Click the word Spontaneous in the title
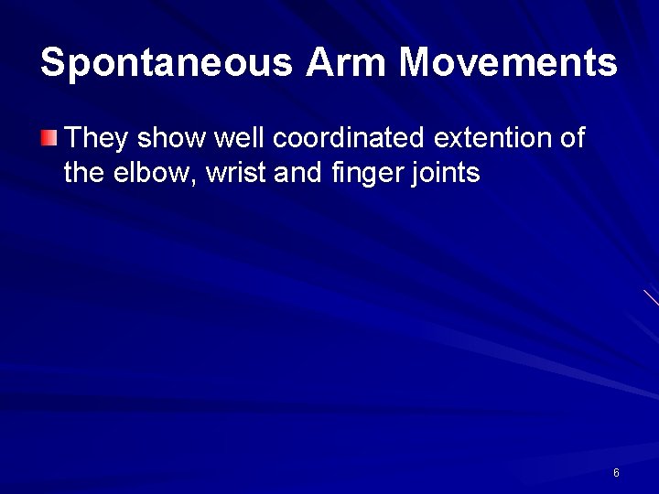pyautogui.click(x=167, y=62)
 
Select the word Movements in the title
pyautogui.click(x=509, y=62)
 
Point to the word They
pyautogui.click(x=96, y=139)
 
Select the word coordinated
pyautogui.click(x=348, y=139)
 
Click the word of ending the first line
pyautogui.click(x=571, y=139)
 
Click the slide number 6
pyautogui.click(x=616, y=473)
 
